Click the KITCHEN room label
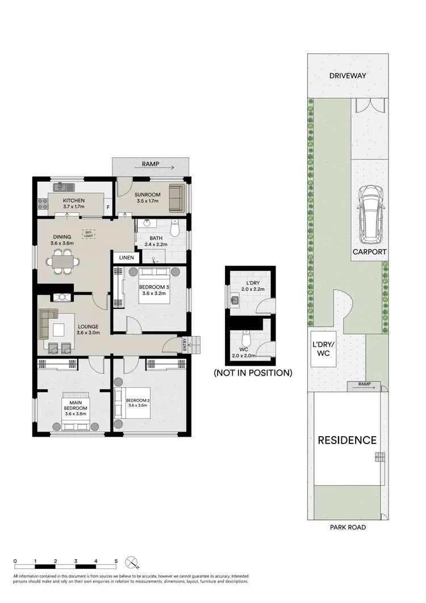pos(74,200)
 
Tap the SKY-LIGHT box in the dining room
pos(88,233)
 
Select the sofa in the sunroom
pos(177,197)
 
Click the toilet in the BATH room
pos(176,229)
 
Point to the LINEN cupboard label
pos(127,258)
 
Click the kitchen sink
pos(61,187)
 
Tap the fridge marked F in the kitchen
pos(108,207)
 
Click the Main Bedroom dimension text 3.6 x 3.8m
pos(74,414)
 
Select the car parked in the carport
pos(370,211)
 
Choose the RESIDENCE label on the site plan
pos(346,439)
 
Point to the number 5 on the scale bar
pos(116,560)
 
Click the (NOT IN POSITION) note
pos(252,373)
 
